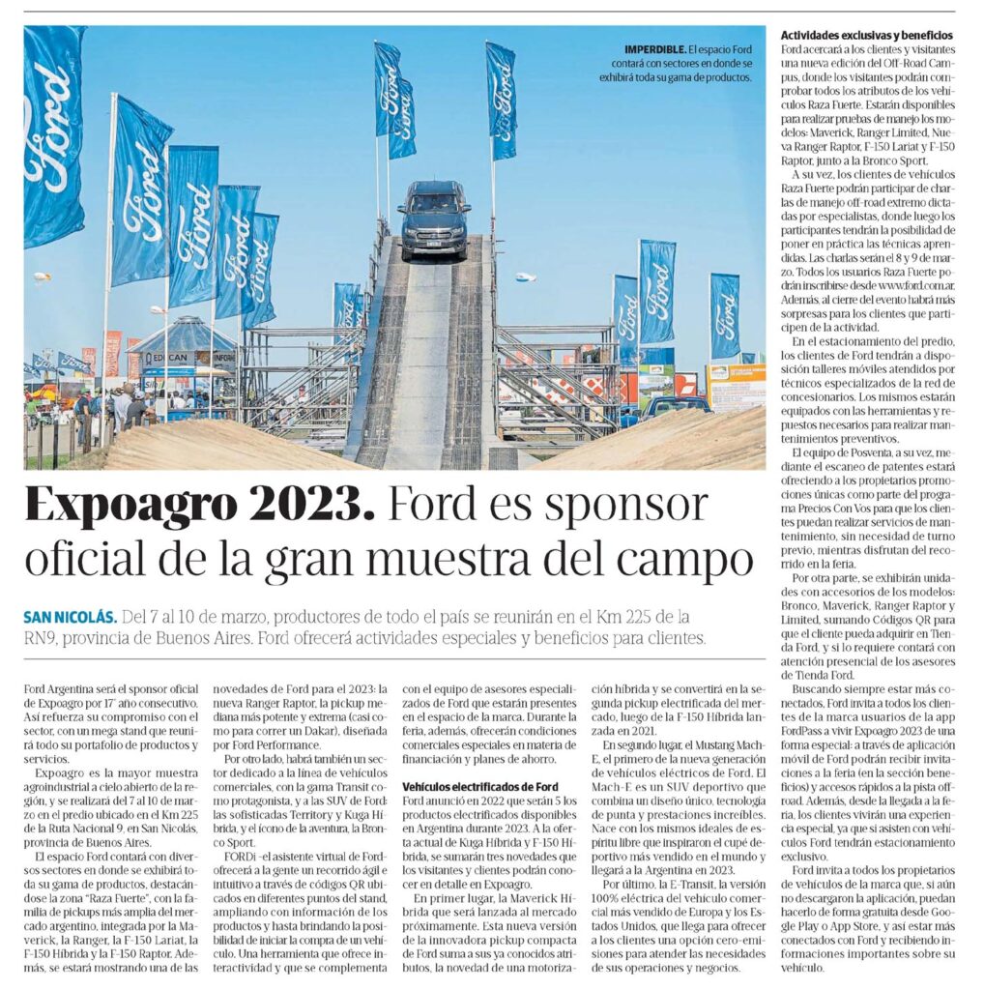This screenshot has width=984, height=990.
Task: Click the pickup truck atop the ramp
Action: click(434, 219)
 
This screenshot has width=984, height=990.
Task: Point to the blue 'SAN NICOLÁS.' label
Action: click(72, 617)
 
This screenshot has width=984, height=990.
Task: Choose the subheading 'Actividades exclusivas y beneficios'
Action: click(866, 36)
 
